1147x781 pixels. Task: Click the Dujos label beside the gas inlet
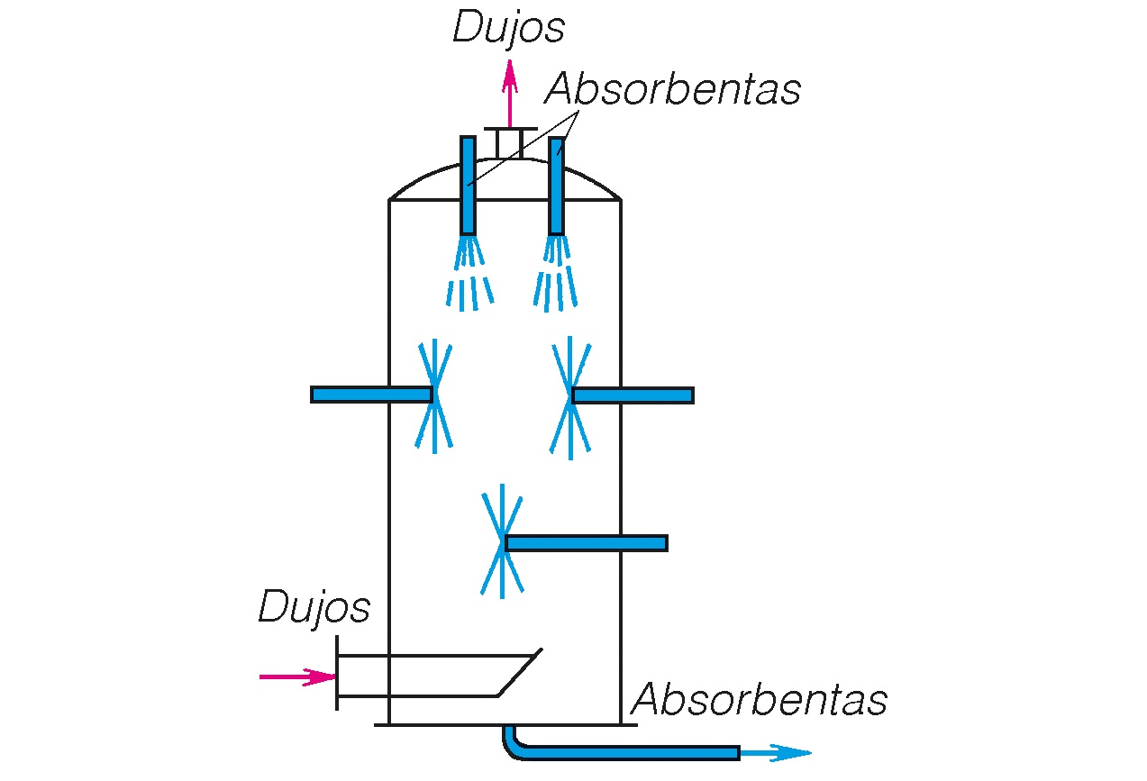314,608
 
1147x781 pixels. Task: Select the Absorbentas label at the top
672,89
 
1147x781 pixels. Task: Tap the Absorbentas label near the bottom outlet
760,700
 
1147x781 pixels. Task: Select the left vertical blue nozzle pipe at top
468,185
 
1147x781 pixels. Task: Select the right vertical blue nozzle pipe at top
557,185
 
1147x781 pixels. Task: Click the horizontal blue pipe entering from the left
370,395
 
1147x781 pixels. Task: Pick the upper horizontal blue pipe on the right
633,395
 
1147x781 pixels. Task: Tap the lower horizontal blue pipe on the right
587,542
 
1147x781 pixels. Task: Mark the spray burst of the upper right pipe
570,396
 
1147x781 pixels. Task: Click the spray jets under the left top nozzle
469,275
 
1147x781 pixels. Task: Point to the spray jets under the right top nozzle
556,275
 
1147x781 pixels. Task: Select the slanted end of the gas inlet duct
520,672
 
